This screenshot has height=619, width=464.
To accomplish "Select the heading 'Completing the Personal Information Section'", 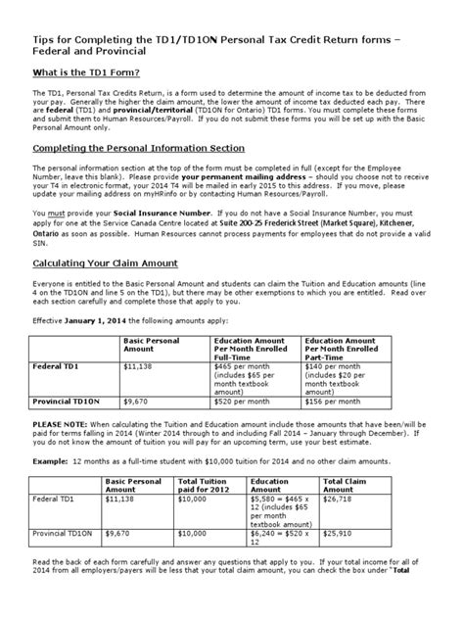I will pyautogui.click(x=133, y=147).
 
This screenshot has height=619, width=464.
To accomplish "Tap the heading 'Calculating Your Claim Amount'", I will pyautogui.click(x=106, y=262).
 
